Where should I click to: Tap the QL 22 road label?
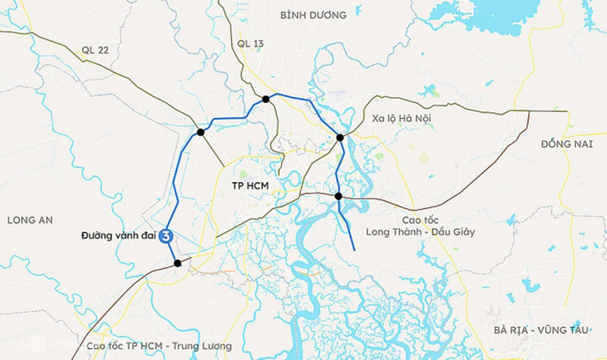pos(96,49)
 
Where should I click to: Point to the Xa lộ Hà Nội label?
pos(402,119)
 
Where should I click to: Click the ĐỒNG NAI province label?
pos(565,144)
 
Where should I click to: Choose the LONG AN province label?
pos(29,219)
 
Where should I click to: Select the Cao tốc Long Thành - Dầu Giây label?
pos(418,225)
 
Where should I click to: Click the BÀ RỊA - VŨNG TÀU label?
pos(540,330)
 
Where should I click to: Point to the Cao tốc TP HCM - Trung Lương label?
pos(158,346)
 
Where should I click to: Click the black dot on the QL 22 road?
pos(200,132)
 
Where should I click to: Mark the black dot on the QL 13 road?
pos(265,99)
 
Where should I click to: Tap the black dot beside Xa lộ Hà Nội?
pos(340,138)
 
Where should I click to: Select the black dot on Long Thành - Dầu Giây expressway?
pos(338,196)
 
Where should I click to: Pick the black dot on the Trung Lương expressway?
pos(177,264)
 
